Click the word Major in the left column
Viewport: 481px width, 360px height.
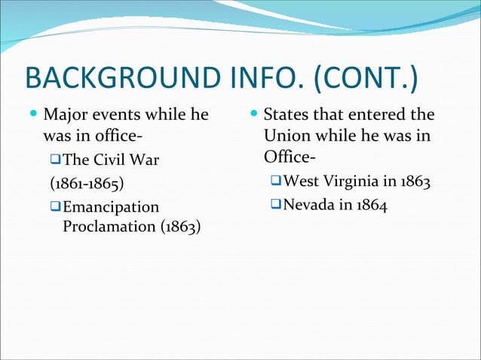click(63, 116)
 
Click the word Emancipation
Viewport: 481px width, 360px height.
click(112, 206)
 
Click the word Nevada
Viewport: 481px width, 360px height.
click(312, 206)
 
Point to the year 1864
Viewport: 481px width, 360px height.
click(372, 206)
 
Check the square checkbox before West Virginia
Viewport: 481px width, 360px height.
click(277, 182)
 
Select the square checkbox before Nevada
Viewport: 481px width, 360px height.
click(277, 206)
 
